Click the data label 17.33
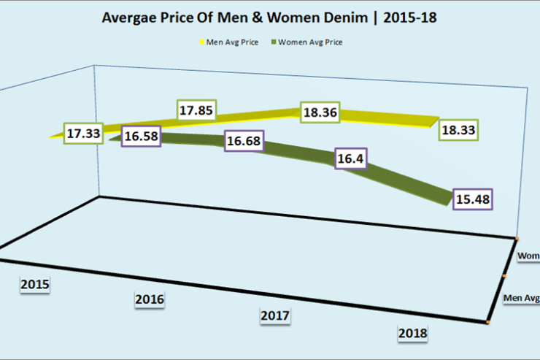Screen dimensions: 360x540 (x=82, y=134)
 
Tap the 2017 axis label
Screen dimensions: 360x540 (x=275, y=315)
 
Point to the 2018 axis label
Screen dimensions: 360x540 (x=412, y=333)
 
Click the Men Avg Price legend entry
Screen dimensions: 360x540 (x=233, y=42)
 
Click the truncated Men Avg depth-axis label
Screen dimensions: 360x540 (x=521, y=298)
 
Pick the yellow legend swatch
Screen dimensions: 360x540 (x=201, y=42)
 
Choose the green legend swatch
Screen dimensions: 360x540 (x=276, y=42)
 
